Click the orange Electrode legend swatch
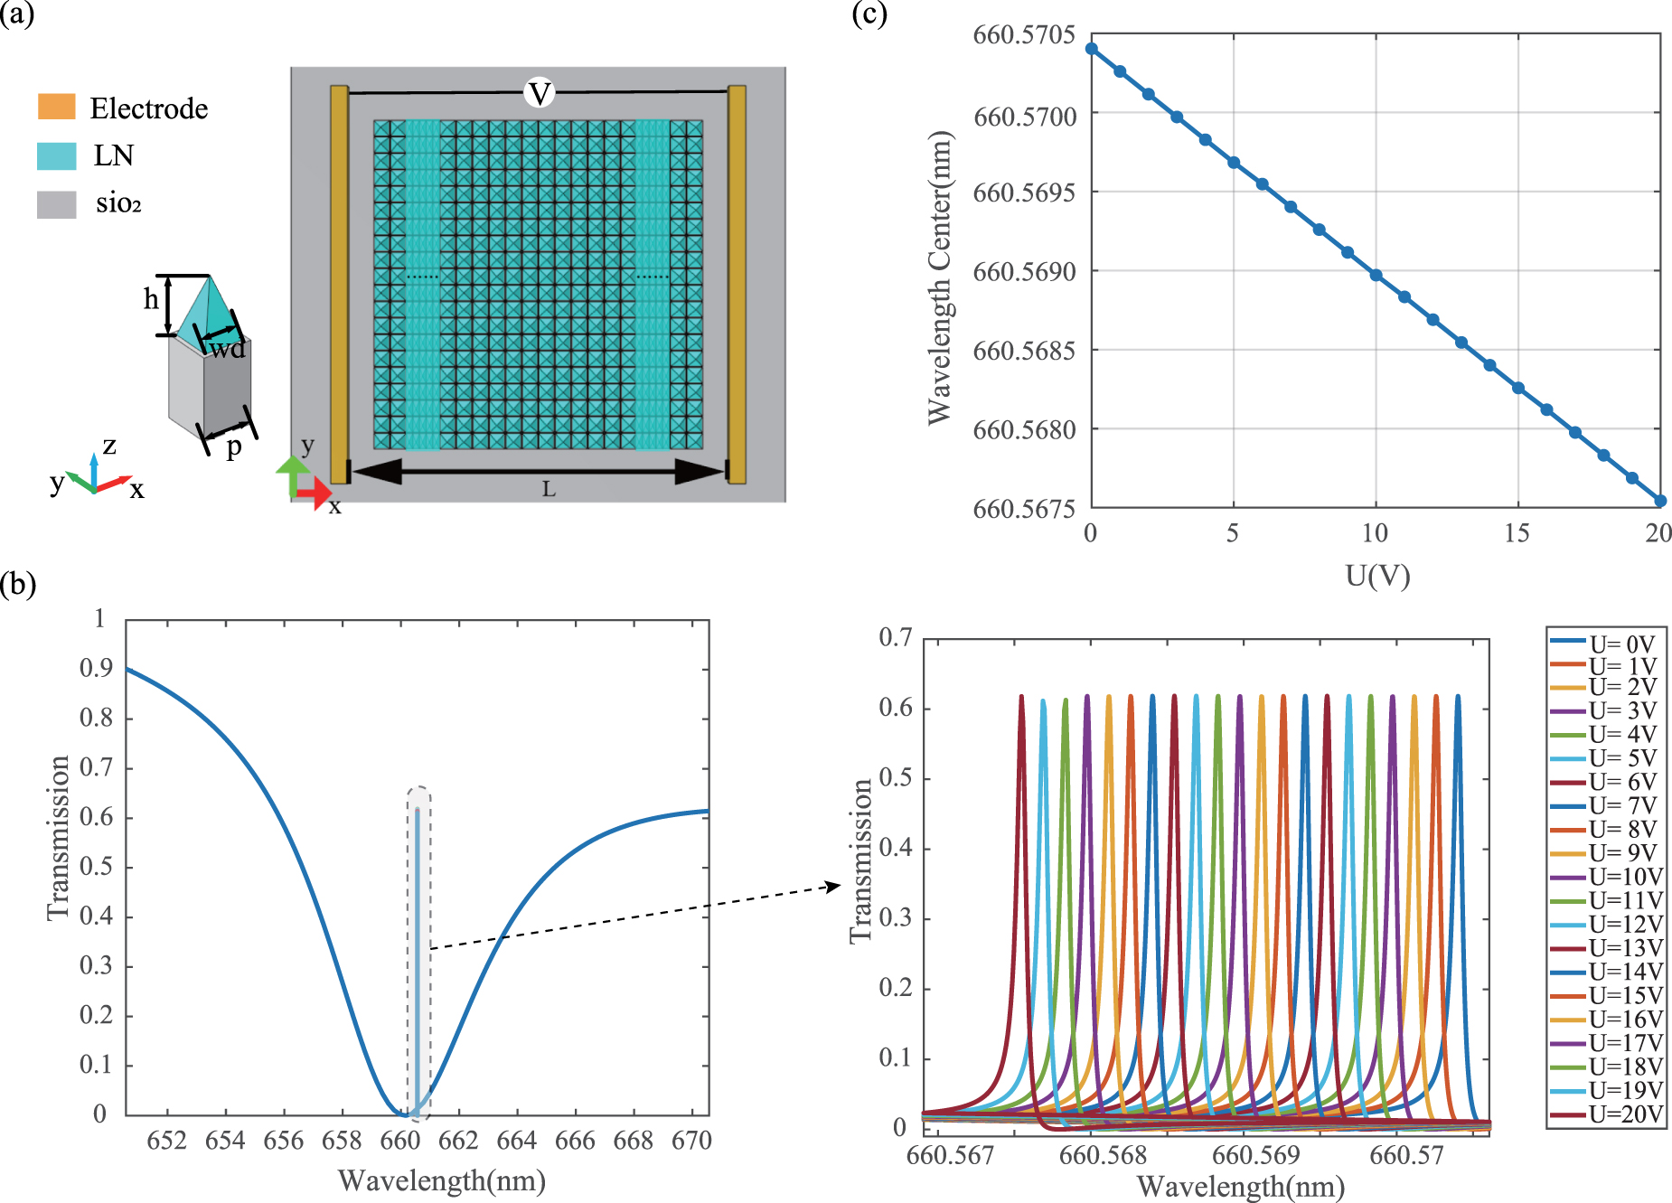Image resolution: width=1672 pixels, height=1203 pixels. pos(56,107)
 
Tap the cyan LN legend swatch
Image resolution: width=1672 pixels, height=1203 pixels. pos(56,155)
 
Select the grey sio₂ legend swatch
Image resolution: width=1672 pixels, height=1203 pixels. pos(56,204)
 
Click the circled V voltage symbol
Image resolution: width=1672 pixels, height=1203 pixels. pos(540,93)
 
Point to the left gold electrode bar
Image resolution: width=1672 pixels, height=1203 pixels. pos(339,284)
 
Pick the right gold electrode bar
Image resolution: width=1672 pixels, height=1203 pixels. pos(737,284)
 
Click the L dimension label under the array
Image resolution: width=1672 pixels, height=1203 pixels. pos(549,490)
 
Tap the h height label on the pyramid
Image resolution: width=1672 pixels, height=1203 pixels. pos(151,299)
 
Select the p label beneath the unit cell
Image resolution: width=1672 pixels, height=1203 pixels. pos(234,446)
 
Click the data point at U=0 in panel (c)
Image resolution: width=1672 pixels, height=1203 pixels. pos(1091,49)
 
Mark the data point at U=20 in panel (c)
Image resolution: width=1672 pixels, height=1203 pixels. pos(1660,501)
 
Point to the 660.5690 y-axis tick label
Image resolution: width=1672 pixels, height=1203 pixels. pos(1024,272)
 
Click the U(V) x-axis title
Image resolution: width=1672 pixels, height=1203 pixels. pos(1376,576)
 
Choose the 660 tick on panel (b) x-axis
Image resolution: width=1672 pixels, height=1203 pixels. pos(399,1141)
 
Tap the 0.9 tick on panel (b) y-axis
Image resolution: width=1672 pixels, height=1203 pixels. pos(96,669)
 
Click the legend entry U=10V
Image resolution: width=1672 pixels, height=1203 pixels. pos(1625,877)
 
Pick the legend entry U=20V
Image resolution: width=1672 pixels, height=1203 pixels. pos(1625,1114)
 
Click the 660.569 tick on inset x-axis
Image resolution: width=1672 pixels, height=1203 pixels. pos(1255,1155)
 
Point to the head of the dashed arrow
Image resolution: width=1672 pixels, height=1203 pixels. pos(838,887)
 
